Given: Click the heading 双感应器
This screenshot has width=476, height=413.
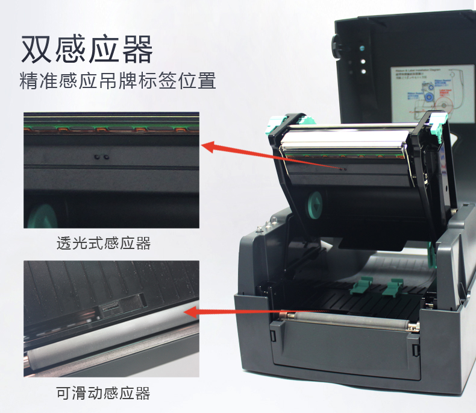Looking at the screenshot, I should coord(87,49).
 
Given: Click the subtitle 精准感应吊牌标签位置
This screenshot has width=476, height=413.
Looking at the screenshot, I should coord(118,81).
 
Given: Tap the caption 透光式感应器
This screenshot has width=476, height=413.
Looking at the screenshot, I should coord(103,244).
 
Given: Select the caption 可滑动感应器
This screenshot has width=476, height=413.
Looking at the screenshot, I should coord(103,394).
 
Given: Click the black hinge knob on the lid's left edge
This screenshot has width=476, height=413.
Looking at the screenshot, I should coord(335,45).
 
